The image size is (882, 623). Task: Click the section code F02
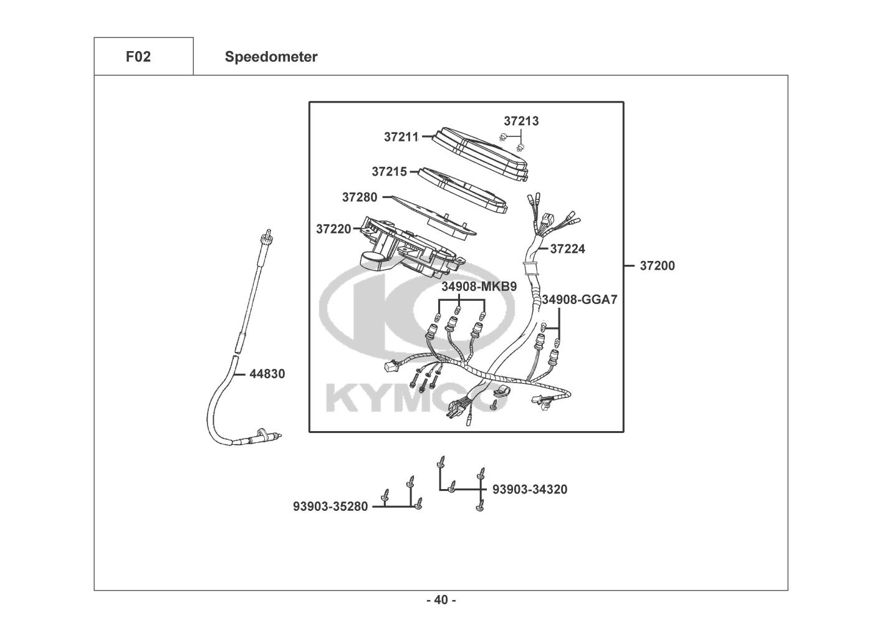[x=138, y=57]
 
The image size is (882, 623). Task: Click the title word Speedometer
[x=271, y=57]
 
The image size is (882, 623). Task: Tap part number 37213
[x=521, y=121]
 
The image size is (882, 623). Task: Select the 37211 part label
[x=401, y=137]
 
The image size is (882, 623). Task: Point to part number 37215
[x=390, y=171]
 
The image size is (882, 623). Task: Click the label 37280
[x=360, y=197]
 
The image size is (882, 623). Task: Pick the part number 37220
[x=333, y=229]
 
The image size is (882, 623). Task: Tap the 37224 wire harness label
[x=567, y=249]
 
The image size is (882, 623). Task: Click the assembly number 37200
[x=657, y=266]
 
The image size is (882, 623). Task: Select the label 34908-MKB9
[x=479, y=287]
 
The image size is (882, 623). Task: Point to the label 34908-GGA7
[x=579, y=300]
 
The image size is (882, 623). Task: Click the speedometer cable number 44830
[x=267, y=374]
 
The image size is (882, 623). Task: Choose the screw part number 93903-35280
[x=330, y=507]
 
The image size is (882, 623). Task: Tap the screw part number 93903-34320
[x=530, y=490]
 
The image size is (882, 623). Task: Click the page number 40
[x=441, y=601]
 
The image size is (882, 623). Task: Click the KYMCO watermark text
[x=411, y=399]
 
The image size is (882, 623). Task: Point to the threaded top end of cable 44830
[x=269, y=235]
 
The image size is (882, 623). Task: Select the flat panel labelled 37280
[x=430, y=212]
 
